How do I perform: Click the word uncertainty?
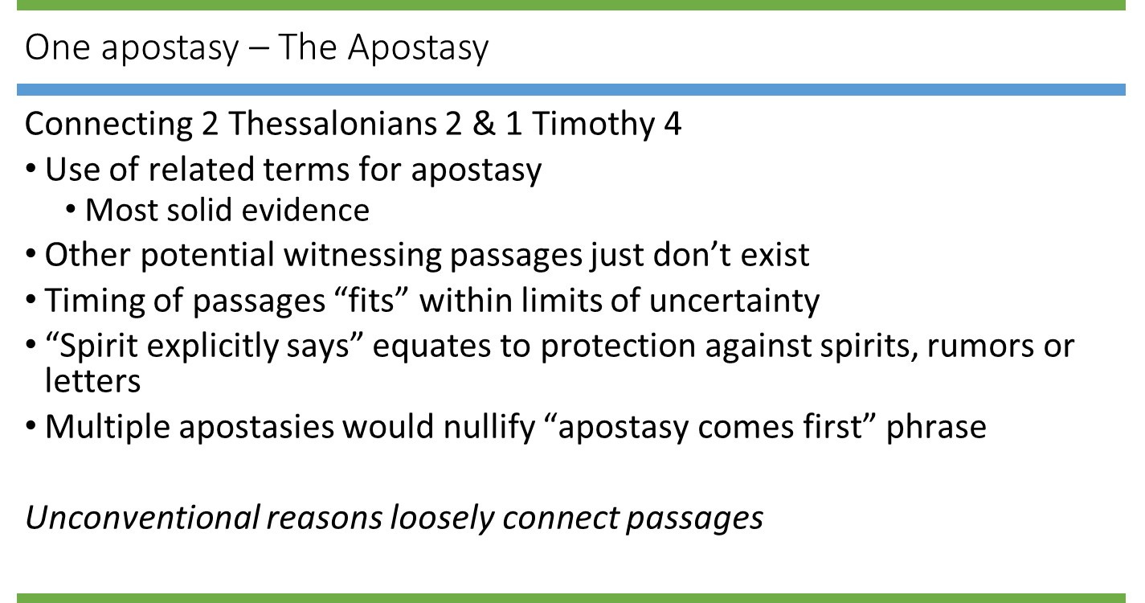(x=734, y=300)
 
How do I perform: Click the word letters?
(x=92, y=380)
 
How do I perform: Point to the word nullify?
(x=486, y=426)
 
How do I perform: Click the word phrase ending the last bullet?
(x=936, y=426)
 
